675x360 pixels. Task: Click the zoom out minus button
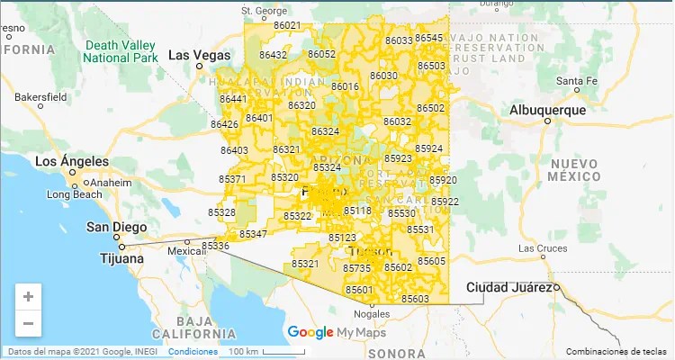(29, 323)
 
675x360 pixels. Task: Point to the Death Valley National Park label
(119, 50)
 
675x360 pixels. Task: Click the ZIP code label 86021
(287, 25)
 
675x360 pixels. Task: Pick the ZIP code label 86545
(429, 38)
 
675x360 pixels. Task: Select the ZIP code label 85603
(416, 299)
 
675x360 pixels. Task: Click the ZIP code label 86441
(233, 98)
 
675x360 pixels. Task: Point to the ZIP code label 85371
(232, 179)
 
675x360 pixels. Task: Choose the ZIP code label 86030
(383, 76)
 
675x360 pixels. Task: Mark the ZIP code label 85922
(445, 202)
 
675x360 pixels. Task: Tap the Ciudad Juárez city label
(508, 287)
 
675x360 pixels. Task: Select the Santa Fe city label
(577, 81)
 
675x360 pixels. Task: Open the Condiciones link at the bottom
(193, 351)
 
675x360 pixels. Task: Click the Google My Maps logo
(323, 333)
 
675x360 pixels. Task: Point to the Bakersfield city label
(40, 95)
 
